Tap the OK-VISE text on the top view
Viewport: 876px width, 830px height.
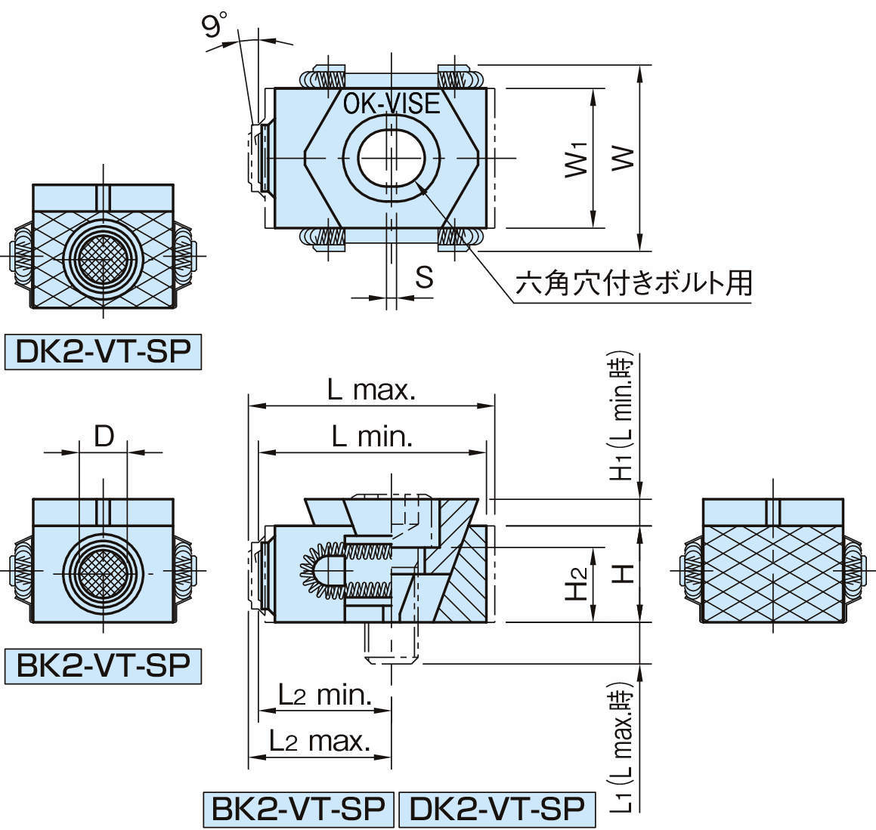pos(391,103)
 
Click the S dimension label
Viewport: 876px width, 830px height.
pos(425,277)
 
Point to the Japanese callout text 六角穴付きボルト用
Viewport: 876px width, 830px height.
pos(633,284)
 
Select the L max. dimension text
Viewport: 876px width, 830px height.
pos(371,390)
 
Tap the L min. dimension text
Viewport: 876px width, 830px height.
pos(372,437)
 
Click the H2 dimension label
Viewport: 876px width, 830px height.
pos(578,582)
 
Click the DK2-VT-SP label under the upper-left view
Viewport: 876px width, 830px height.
pos(104,352)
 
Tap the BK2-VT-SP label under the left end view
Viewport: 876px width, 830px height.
pos(104,666)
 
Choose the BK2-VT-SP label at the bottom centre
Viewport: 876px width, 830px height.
pos(299,809)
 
